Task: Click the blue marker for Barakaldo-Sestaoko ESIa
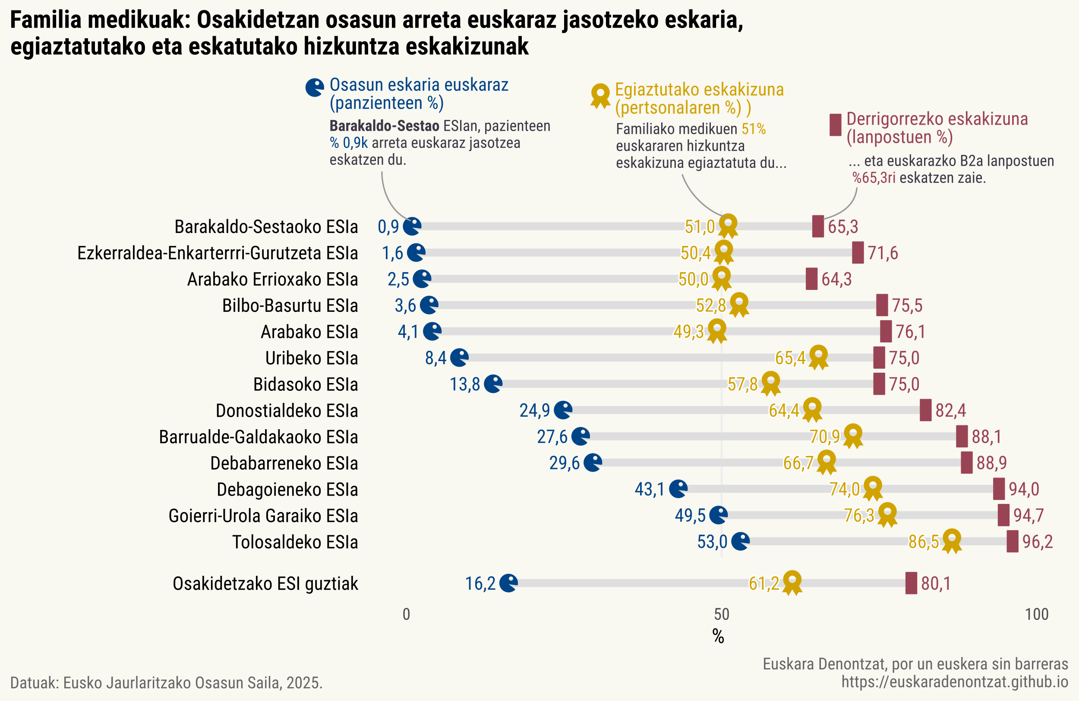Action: (x=412, y=226)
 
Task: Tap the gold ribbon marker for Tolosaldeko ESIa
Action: (x=952, y=540)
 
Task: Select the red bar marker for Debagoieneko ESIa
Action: (x=999, y=489)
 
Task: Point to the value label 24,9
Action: (x=534, y=411)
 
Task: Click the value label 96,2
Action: (x=1037, y=542)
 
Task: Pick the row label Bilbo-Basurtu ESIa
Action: (x=290, y=306)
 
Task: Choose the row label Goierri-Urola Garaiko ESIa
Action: (x=263, y=516)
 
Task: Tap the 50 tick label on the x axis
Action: (x=721, y=614)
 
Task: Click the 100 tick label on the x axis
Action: (x=1037, y=614)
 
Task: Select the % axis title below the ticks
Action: (x=718, y=637)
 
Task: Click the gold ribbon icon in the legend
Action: (x=601, y=95)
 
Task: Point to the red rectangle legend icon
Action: (x=835, y=125)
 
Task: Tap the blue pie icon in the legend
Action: (x=315, y=88)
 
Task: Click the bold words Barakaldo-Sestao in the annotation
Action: (x=384, y=126)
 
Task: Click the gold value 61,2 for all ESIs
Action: (x=764, y=584)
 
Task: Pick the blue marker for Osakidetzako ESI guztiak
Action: (x=508, y=583)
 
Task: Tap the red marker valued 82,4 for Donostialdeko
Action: (x=925, y=410)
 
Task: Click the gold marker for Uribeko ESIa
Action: (x=818, y=357)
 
